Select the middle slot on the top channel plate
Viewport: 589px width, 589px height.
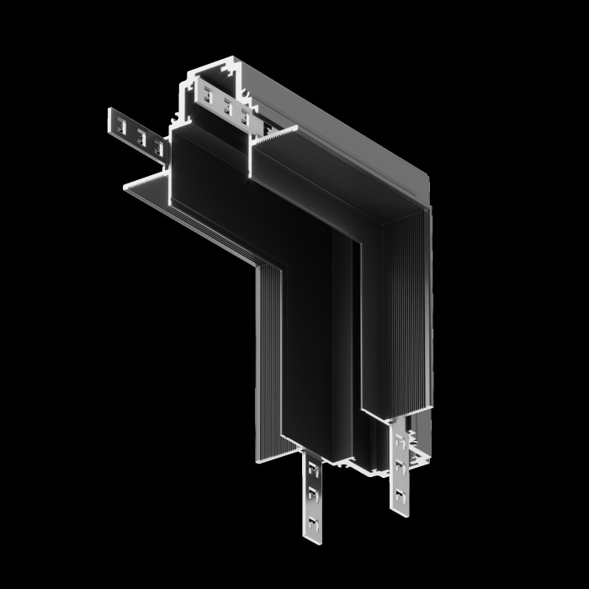[227, 105]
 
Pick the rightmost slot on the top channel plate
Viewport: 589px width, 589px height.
[246, 109]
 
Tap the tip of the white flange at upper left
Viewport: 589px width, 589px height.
[126, 183]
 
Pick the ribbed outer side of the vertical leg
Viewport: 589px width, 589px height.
[408, 320]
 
